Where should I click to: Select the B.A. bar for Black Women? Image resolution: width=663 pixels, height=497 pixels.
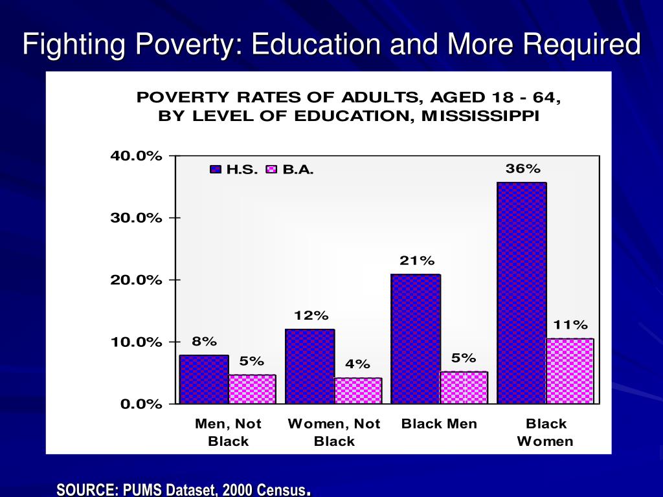pyautogui.click(x=570, y=371)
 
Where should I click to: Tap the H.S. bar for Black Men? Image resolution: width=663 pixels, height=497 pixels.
pyautogui.click(x=416, y=339)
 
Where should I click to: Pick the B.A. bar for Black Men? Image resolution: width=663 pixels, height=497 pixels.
pyautogui.click(x=464, y=388)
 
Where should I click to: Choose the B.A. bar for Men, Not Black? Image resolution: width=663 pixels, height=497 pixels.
pyautogui.click(x=252, y=389)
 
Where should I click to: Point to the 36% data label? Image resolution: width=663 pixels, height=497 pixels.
pyautogui.click(x=523, y=168)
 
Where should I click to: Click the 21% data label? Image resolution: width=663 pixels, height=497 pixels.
pyautogui.click(x=417, y=260)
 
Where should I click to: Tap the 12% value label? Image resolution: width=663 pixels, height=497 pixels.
pyautogui.click(x=311, y=316)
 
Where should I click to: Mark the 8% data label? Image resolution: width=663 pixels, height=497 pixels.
pyautogui.click(x=204, y=341)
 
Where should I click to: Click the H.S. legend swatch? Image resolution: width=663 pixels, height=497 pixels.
pyautogui.click(x=216, y=170)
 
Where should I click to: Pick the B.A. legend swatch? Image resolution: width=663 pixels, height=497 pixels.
pyautogui.click(x=272, y=170)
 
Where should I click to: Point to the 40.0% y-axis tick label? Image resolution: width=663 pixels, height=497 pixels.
pyautogui.click(x=135, y=156)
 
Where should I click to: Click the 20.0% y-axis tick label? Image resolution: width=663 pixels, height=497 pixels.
pyautogui.click(x=135, y=280)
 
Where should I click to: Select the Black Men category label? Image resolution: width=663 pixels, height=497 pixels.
pyautogui.click(x=439, y=424)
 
